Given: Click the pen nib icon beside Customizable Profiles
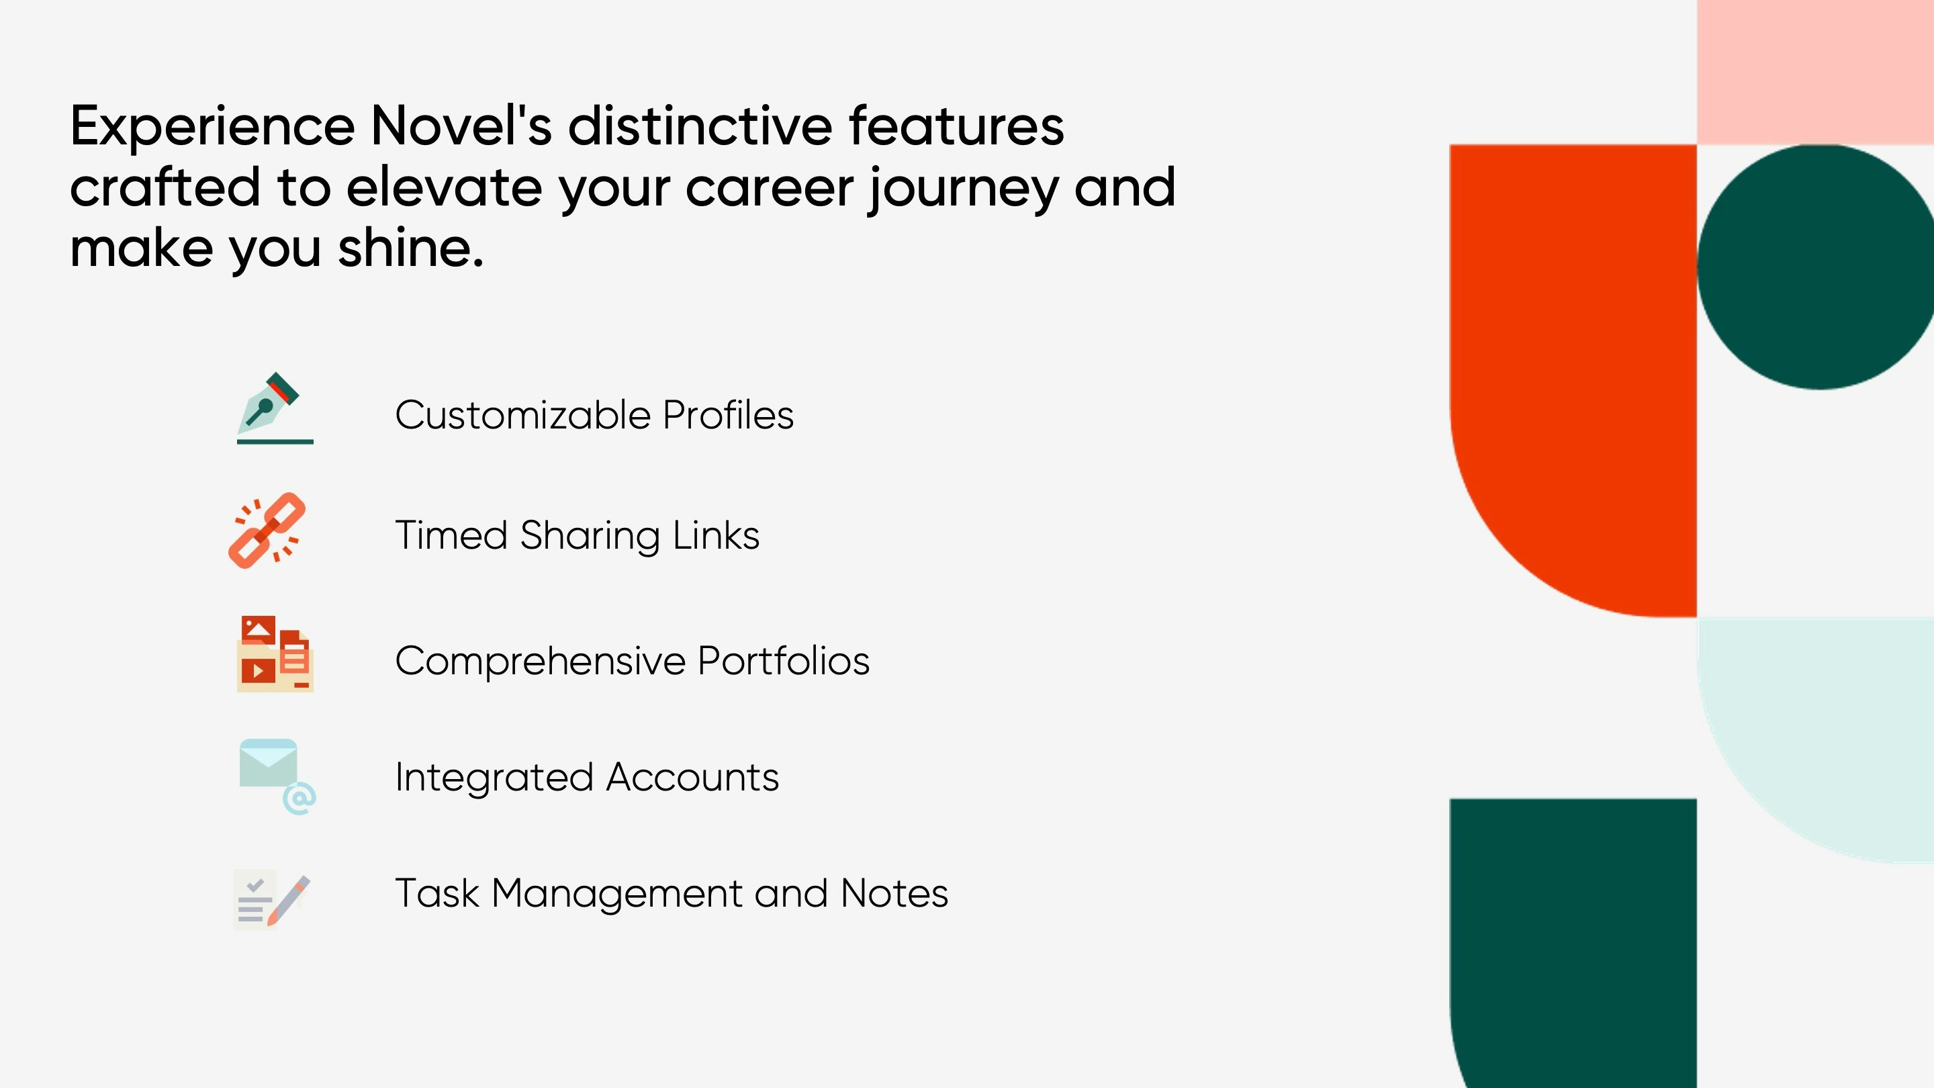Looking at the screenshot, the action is point(275,408).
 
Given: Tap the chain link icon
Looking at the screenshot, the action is point(267,530).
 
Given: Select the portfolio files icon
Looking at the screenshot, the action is point(275,654).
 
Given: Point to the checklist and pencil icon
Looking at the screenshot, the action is point(272,899).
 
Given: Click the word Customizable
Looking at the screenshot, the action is point(522,414).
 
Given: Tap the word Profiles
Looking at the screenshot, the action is point(727,414).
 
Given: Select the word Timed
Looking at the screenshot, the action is point(451,535).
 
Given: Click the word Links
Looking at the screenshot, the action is point(715,535).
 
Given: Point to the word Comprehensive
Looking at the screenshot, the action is point(540,662).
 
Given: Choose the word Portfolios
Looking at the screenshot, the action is point(783,661).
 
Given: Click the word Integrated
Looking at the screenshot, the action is point(494,778).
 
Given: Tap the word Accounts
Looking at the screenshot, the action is point(692,777).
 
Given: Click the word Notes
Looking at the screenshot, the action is point(894,893).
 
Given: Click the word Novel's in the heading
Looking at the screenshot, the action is point(461,126).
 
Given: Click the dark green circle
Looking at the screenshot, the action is point(1815,267).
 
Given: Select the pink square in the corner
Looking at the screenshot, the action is point(1815,72).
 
